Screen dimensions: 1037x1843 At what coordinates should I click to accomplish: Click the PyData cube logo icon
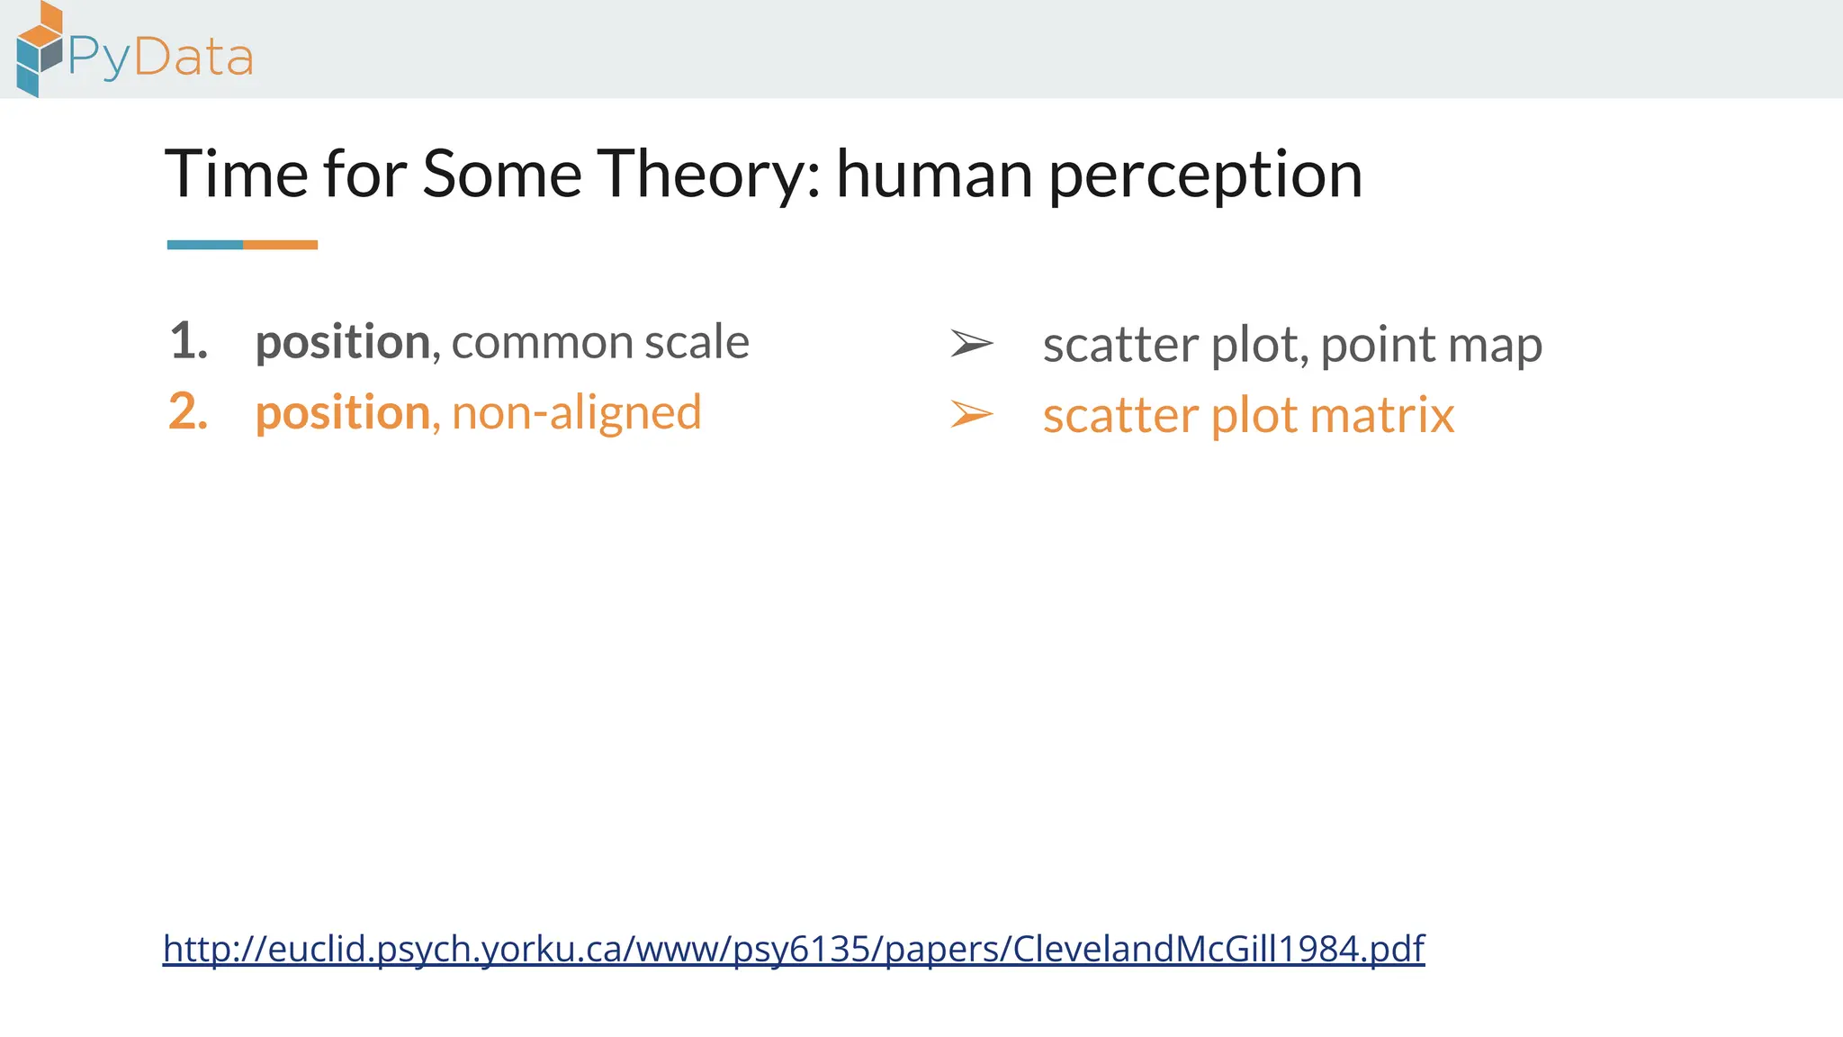click(x=40, y=50)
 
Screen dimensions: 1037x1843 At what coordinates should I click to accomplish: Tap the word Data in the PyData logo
click(x=193, y=58)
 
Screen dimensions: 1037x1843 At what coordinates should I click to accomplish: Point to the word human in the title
click(x=933, y=175)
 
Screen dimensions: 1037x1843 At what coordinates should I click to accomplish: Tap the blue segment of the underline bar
click(x=205, y=245)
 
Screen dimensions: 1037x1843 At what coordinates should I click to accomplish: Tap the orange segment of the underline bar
click(x=280, y=245)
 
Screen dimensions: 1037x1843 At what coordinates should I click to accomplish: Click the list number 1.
click(x=188, y=341)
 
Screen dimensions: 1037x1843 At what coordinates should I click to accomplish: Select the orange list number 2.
click(x=188, y=412)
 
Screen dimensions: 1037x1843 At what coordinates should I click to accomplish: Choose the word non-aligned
click(x=576, y=413)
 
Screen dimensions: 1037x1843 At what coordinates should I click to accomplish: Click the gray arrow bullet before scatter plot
click(x=972, y=343)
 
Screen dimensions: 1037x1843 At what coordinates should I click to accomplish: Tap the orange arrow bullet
click(x=972, y=414)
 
